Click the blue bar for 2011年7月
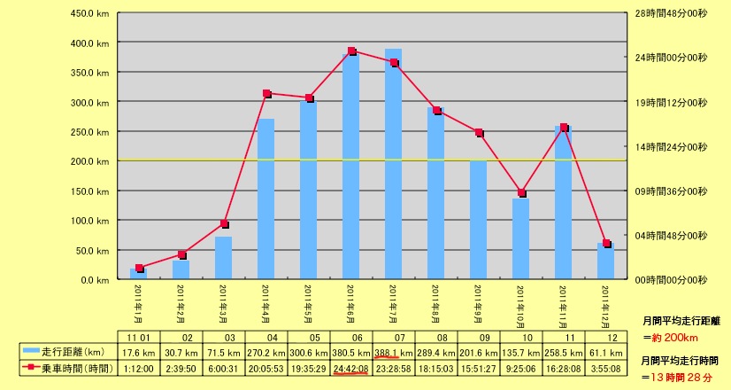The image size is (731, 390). coord(393,164)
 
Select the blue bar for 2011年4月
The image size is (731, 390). coord(266,199)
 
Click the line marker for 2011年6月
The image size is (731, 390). coord(351,51)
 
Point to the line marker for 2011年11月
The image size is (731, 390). coord(564,128)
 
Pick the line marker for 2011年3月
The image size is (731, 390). coord(225,224)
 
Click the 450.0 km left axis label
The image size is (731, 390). coord(90,14)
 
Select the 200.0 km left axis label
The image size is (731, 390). coord(90,161)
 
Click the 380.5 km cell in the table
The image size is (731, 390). coord(351,352)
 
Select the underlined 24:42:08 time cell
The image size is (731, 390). coord(351,368)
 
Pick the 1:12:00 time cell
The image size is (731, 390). coord(139,368)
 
